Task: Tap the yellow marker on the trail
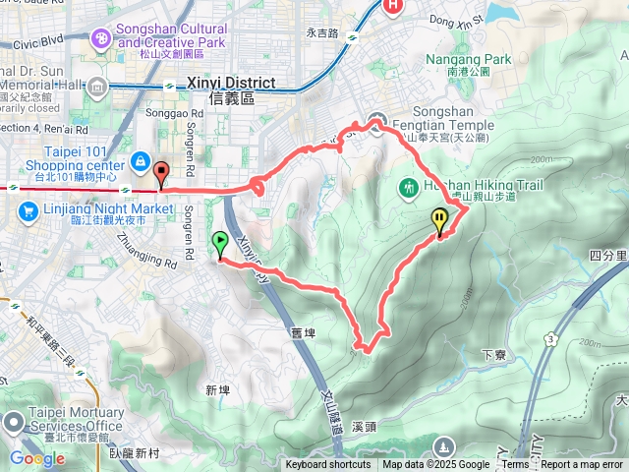(439, 220)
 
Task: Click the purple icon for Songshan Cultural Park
(99, 38)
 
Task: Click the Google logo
(37, 458)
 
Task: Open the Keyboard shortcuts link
(328, 465)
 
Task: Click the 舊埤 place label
(302, 333)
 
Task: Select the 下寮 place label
(493, 354)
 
